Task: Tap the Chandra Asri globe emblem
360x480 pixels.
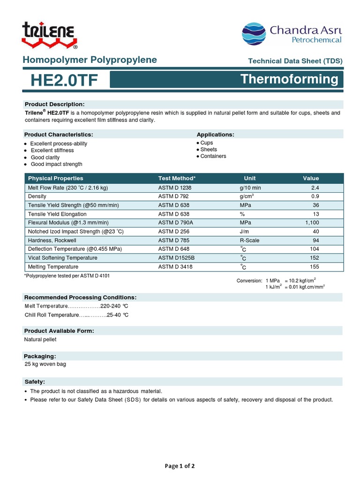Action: click(254, 34)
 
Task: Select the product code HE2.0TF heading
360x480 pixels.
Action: click(64, 80)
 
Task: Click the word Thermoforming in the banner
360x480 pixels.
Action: click(289, 79)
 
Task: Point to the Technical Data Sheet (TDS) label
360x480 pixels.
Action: click(295, 61)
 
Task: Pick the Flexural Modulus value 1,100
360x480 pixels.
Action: click(312, 223)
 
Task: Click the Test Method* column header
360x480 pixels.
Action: click(177, 178)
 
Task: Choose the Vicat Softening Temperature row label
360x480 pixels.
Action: click(63, 258)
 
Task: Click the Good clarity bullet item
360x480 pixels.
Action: click(45, 157)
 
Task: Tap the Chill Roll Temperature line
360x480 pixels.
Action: click(76, 315)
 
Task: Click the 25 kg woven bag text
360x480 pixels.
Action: click(45, 364)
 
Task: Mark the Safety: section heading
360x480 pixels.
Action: click(35, 382)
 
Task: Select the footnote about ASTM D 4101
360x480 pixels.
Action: click(67, 276)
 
